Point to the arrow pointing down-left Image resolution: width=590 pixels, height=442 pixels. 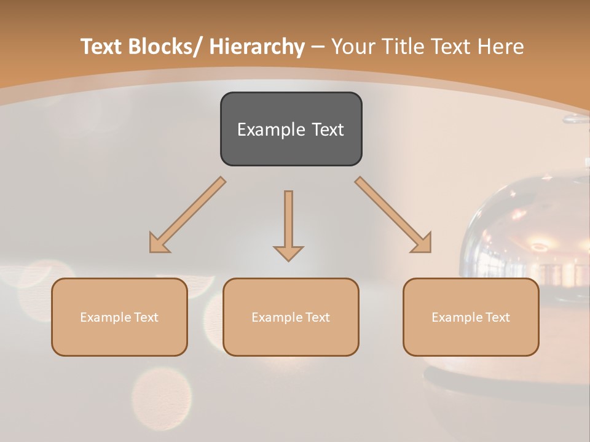tap(187, 215)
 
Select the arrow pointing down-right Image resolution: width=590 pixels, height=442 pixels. tap(393, 215)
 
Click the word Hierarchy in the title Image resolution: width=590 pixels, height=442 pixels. tap(257, 47)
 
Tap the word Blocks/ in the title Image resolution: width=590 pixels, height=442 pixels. tap(165, 47)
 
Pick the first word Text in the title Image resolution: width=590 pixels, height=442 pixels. tap(103, 47)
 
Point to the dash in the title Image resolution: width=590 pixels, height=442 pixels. tap(318, 47)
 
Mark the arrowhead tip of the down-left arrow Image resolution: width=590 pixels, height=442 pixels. tap(151, 252)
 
